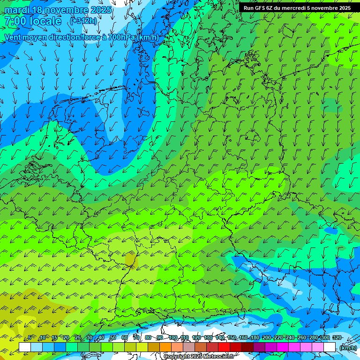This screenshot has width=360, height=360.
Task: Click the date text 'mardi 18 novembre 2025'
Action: coord(58,10)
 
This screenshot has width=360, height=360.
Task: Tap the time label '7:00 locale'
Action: coord(33,21)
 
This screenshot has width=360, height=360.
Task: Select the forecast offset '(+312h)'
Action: coord(83,21)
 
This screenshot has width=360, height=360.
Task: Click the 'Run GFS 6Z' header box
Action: coord(297,8)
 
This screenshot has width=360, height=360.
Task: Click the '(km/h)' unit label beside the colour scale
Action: coord(348,348)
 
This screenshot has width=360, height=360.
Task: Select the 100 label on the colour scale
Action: coord(173,338)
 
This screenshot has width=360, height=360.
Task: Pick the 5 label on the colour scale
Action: coord(30,338)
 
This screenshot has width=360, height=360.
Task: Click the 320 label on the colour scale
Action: coord(337,338)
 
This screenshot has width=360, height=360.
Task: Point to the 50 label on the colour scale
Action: coord(112,338)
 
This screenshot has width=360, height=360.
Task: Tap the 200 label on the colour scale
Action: coord(266,338)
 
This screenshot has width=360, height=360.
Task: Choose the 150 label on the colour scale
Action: coord(232,338)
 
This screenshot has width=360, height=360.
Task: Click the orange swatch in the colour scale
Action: coord(165,347)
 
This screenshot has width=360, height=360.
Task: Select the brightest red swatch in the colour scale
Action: coord(224,347)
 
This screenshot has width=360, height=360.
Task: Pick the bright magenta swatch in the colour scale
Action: coord(283,347)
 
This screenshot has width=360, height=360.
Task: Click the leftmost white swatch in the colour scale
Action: coord(25,347)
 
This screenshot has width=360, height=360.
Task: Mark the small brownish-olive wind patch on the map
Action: coord(131,258)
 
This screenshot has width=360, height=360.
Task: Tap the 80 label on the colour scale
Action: coord(148,338)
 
